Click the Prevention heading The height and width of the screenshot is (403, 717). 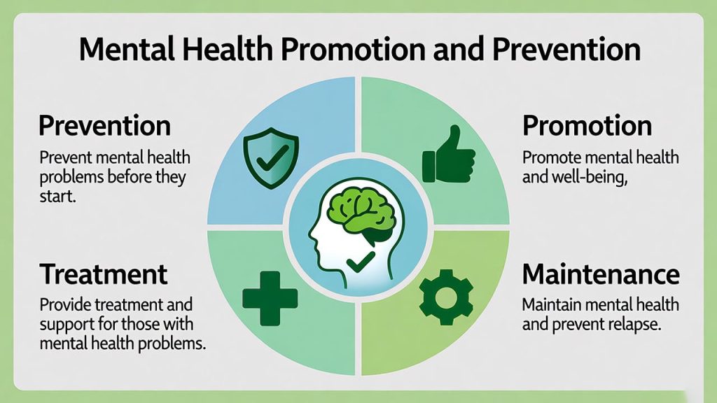(104, 126)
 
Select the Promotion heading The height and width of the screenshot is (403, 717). (587, 126)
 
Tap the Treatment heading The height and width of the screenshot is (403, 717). (104, 274)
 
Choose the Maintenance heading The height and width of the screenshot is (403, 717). (601, 274)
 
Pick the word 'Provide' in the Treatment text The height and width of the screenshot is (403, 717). (64, 305)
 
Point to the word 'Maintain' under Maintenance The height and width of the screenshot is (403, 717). (552, 305)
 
